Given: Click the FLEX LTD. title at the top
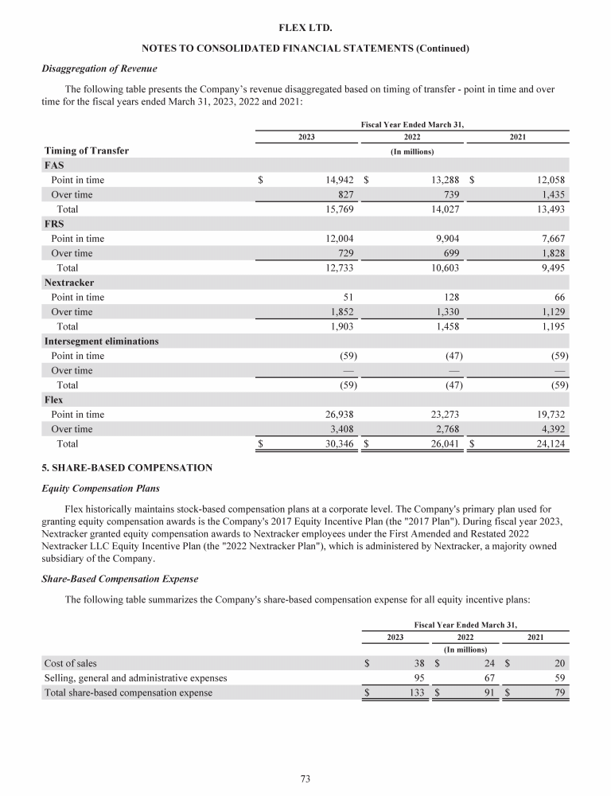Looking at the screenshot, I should (x=305, y=28).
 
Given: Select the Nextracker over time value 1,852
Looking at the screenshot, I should (x=341, y=311).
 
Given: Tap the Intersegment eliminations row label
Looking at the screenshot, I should (x=102, y=341).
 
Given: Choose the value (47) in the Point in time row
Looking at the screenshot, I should (x=451, y=355).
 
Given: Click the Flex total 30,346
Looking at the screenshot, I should (x=335, y=443).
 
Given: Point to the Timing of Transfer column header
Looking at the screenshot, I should (x=86, y=150).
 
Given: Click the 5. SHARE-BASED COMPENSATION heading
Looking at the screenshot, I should (x=126, y=468).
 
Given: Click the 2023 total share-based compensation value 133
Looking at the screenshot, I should (x=413, y=693).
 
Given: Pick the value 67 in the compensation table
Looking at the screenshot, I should (x=487, y=677).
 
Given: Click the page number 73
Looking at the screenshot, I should (x=305, y=778).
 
